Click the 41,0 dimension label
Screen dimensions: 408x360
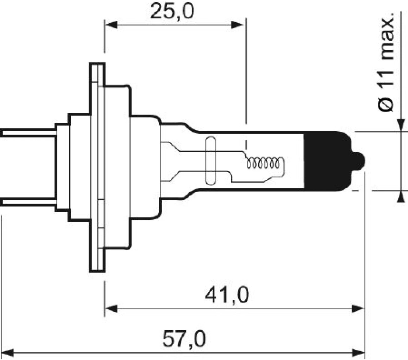point(227,296)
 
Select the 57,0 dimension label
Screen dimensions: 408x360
point(184,339)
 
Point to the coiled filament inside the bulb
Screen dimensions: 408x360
point(263,163)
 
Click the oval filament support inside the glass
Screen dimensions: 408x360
point(211,161)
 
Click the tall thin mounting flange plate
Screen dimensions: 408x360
point(97,167)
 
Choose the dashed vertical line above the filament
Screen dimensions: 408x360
point(246,82)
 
